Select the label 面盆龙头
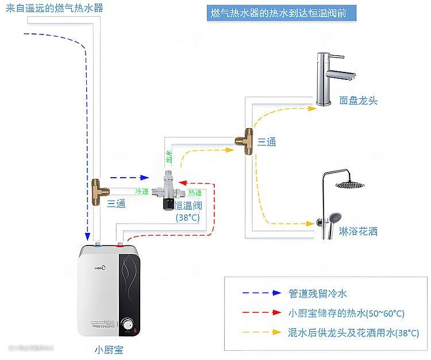(358, 101)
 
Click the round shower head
(350, 185)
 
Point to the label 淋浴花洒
(358, 231)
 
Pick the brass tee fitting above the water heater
(97, 192)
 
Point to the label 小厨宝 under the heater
(109, 349)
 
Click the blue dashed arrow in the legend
(261, 293)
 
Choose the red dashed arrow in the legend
(261, 313)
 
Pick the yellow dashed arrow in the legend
(261, 332)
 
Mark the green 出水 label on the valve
(169, 156)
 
